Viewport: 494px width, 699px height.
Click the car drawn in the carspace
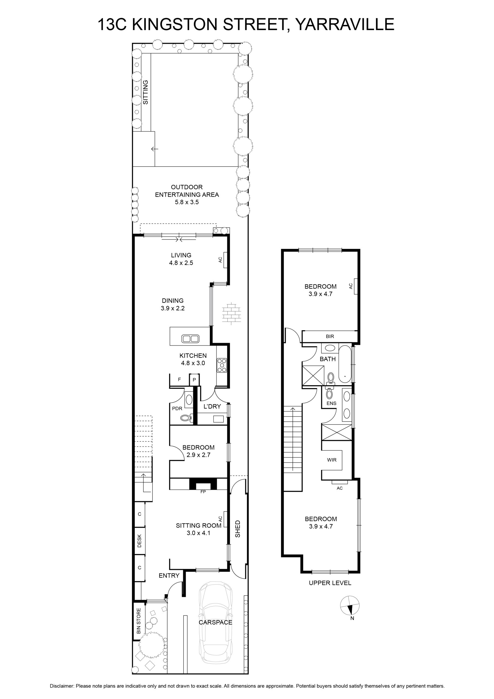216,623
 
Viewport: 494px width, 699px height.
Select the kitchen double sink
190,339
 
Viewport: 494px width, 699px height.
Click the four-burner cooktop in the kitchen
222,365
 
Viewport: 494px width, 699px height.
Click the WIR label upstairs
332,460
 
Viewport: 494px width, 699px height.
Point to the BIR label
330,336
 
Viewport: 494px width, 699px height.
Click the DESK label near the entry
139,541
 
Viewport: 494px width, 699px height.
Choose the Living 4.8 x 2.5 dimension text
181,263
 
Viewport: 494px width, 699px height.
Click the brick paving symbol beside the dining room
232,312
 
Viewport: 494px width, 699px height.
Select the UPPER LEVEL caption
330,583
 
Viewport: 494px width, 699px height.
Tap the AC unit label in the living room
220,260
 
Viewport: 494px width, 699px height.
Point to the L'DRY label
212,407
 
